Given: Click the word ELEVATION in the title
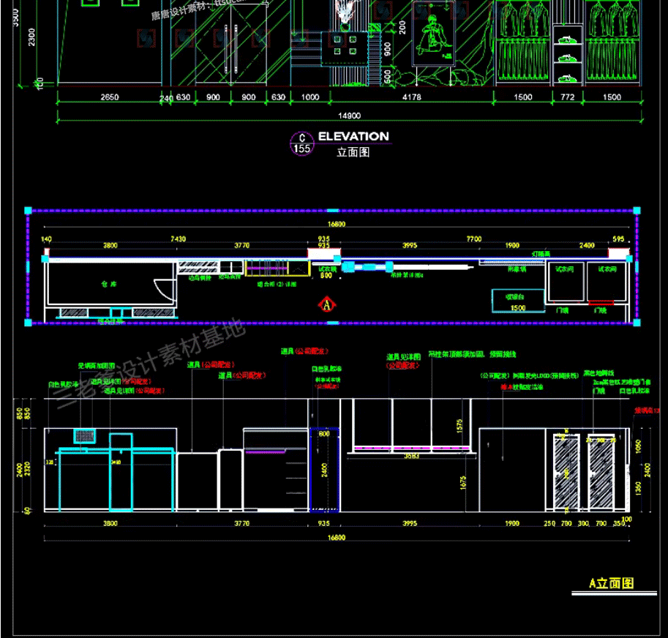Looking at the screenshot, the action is click(x=353, y=136).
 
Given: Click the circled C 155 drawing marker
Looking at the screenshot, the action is click(x=301, y=143).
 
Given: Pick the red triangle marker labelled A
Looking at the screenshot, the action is click(x=327, y=303).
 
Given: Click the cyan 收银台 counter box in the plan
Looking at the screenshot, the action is click(x=517, y=301).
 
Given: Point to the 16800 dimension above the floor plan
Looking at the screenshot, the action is click(x=336, y=225).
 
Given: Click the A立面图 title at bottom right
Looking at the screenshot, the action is click(x=612, y=583).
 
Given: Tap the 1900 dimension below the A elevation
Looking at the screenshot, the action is click(x=511, y=523).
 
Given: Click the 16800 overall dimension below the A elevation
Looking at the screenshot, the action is click(x=336, y=538).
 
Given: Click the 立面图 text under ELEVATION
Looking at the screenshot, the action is click(x=353, y=152).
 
